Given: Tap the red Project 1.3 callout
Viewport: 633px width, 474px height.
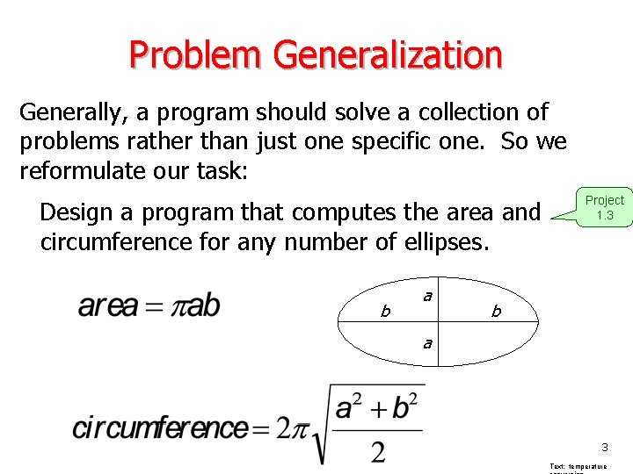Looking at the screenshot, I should tap(604, 207).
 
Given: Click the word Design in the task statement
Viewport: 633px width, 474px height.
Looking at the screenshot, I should tap(76, 212).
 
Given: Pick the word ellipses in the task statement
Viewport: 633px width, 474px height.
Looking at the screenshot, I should tap(445, 241).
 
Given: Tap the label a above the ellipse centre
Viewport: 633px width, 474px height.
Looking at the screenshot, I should tap(427, 297).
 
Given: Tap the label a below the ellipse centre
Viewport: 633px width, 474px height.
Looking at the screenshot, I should tap(427, 343).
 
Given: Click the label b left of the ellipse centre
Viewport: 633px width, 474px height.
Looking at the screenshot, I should tap(384, 311).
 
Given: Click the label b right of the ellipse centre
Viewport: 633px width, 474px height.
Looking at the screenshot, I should tap(497, 312).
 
